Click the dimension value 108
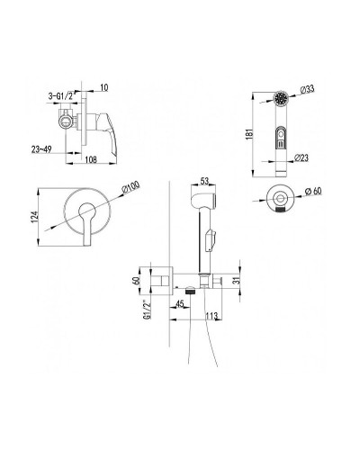91,159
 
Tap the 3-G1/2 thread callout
60,96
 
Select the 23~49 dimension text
41,149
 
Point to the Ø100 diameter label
130,188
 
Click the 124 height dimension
35,217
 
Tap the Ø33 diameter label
307,89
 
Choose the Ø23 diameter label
301,157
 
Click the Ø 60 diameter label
313,191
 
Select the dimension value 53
204,181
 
